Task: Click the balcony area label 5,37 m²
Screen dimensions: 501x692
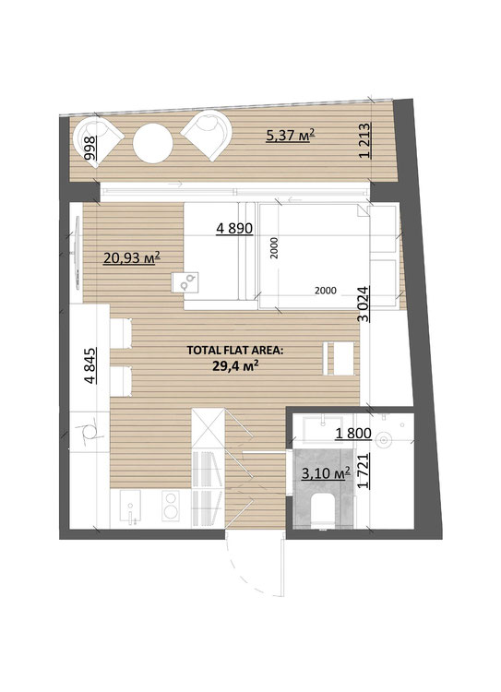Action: coord(291,135)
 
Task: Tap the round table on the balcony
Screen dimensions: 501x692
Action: coord(153,143)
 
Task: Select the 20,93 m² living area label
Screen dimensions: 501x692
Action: coord(131,257)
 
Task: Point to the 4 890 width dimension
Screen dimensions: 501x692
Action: coord(234,228)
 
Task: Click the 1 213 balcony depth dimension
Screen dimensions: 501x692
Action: coord(365,140)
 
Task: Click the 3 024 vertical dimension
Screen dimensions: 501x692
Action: coord(363,304)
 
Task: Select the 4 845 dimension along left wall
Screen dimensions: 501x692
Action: coord(89,366)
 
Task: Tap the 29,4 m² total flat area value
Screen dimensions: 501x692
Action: coord(235,365)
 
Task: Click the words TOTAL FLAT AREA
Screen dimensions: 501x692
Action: coord(235,351)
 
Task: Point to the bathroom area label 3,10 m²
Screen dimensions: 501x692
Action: coord(326,473)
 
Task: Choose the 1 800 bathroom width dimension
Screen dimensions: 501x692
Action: coord(353,434)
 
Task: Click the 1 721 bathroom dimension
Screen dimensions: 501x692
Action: coord(364,471)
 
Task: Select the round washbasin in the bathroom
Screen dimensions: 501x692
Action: coord(384,439)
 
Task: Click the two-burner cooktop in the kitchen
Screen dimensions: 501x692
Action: coord(171,506)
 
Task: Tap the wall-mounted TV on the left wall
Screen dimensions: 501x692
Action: coord(77,253)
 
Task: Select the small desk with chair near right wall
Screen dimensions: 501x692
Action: coord(339,358)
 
